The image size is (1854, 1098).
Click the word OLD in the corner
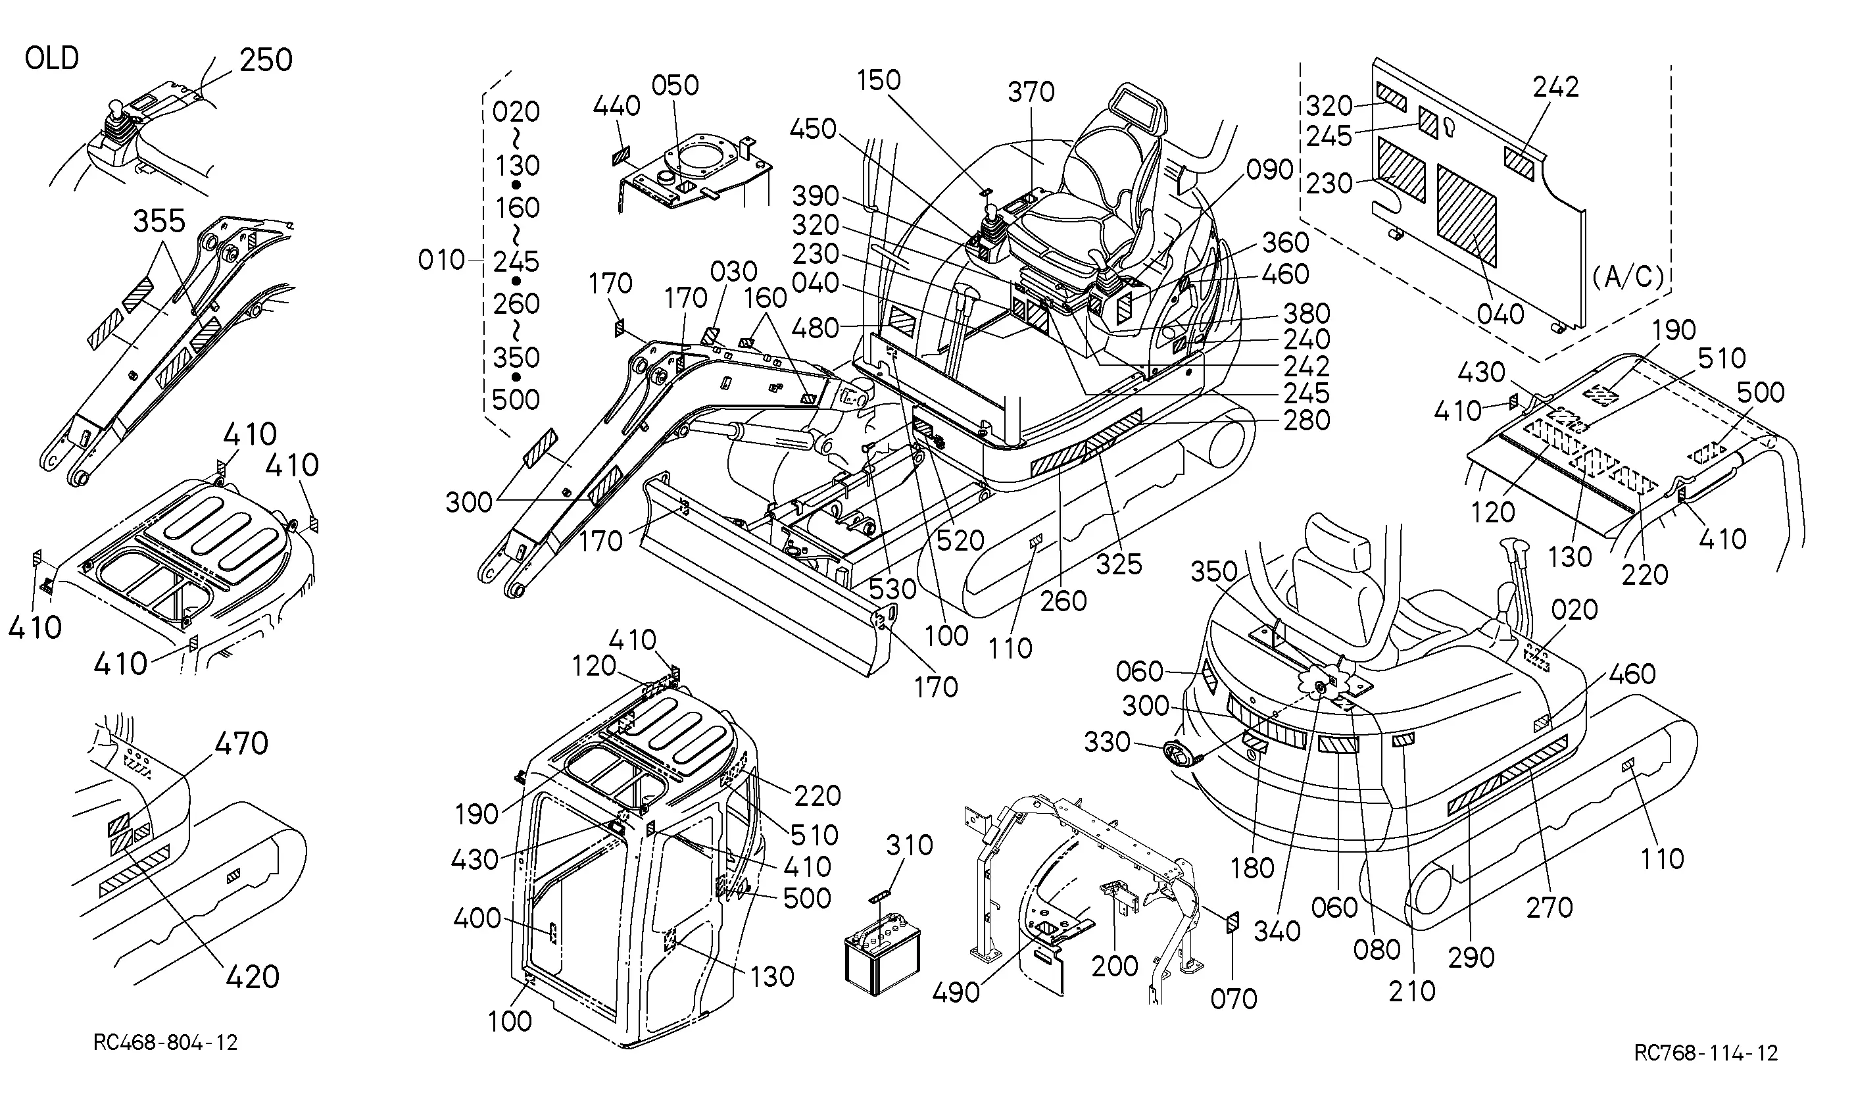pos(52,58)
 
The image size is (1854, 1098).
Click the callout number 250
pos(266,60)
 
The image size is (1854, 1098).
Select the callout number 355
pos(159,221)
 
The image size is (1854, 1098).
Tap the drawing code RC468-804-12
pos(166,1043)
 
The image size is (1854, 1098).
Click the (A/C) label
pos(1628,277)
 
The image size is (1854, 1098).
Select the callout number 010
pos(441,261)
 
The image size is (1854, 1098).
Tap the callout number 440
pos(617,107)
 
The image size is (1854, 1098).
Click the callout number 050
pos(675,86)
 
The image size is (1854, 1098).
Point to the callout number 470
pos(241,743)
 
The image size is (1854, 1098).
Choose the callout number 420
pos(252,978)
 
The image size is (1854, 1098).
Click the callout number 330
pos(1107,742)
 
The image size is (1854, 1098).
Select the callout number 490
pos(957,993)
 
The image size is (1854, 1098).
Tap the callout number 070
pos(1234,999)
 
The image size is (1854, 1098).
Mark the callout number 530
pos(892,589)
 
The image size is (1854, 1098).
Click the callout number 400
pos(477,919)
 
